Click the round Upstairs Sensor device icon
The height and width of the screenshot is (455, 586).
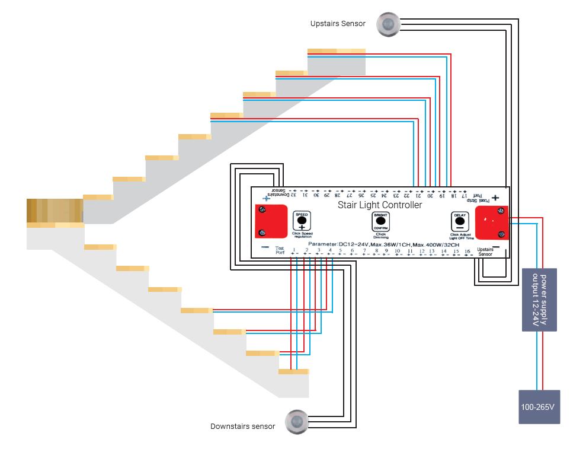(389, 24)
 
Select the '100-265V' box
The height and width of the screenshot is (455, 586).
(539, 407)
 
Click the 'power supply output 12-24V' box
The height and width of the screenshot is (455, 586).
(539, 300)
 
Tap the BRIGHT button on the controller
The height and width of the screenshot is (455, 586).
(380, 221)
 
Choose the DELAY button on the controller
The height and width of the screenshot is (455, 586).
(459, 221)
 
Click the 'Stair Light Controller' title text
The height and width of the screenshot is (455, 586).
(380, 205)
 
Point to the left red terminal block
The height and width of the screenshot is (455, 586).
(271, 219)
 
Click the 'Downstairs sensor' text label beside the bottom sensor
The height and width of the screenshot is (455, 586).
(243, 427)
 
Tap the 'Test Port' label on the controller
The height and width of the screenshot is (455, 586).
(280, 250)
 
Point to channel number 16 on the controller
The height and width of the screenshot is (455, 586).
(467, 252)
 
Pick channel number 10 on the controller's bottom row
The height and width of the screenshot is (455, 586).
(398, 252)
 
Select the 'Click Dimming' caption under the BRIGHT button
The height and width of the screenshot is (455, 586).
(380, 236)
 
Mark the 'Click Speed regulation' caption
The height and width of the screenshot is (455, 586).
(302, 235)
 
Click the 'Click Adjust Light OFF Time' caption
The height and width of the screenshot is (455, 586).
(462, 236)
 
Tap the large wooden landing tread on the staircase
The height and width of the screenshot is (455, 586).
(55, 212)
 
